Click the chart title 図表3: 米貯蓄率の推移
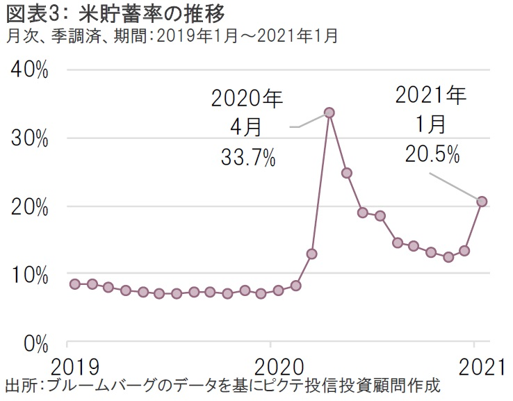[x=115, y=13]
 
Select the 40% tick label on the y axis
[x=29, y=70]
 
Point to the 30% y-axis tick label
[x=29, y=138]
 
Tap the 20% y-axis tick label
[x=29, y=206]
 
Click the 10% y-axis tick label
[x=29, y=275]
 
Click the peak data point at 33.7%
[x=329, y=113]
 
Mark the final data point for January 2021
[x=482, y=202]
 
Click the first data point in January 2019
[x=75, y=284]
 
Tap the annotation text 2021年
[x=432, y=95]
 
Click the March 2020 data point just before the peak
[x=312, y=254]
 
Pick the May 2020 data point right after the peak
[x=346, y=172]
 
